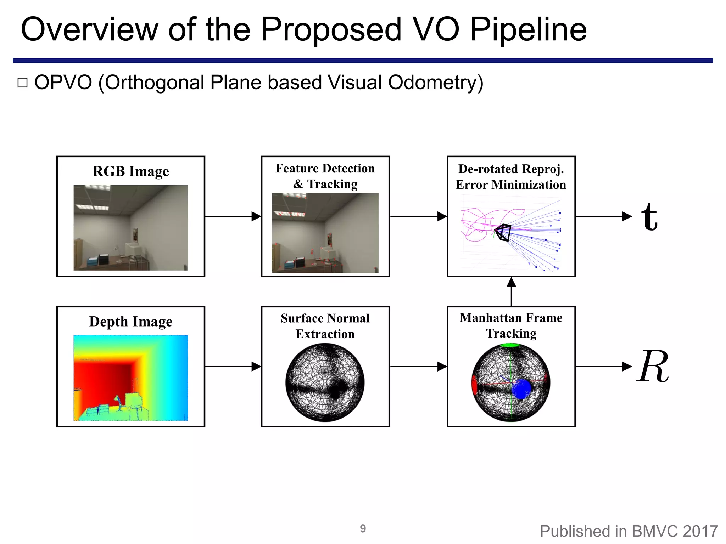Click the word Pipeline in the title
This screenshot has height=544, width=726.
[x=528, y=30]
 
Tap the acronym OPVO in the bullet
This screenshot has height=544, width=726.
[x=63, y=83]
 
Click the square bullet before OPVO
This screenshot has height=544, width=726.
[x=22, y=83]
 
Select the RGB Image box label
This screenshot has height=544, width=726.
[x=131, y=171]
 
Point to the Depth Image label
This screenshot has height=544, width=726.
[x=131, y=322]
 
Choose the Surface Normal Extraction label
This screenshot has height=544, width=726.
[x=325, y=326]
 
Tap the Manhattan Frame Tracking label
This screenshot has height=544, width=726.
[x=511, y=325]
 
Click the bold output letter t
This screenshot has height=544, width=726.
[x=649, y=217]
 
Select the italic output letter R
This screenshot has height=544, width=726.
[x=653, y=367]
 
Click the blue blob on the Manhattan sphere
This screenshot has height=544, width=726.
[x=522, y=389]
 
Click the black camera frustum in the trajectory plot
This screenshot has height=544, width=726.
[x=503, y=232]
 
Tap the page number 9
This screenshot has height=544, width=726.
[x=363, y=528]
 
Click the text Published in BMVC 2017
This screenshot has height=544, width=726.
[x=629, y=531]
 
